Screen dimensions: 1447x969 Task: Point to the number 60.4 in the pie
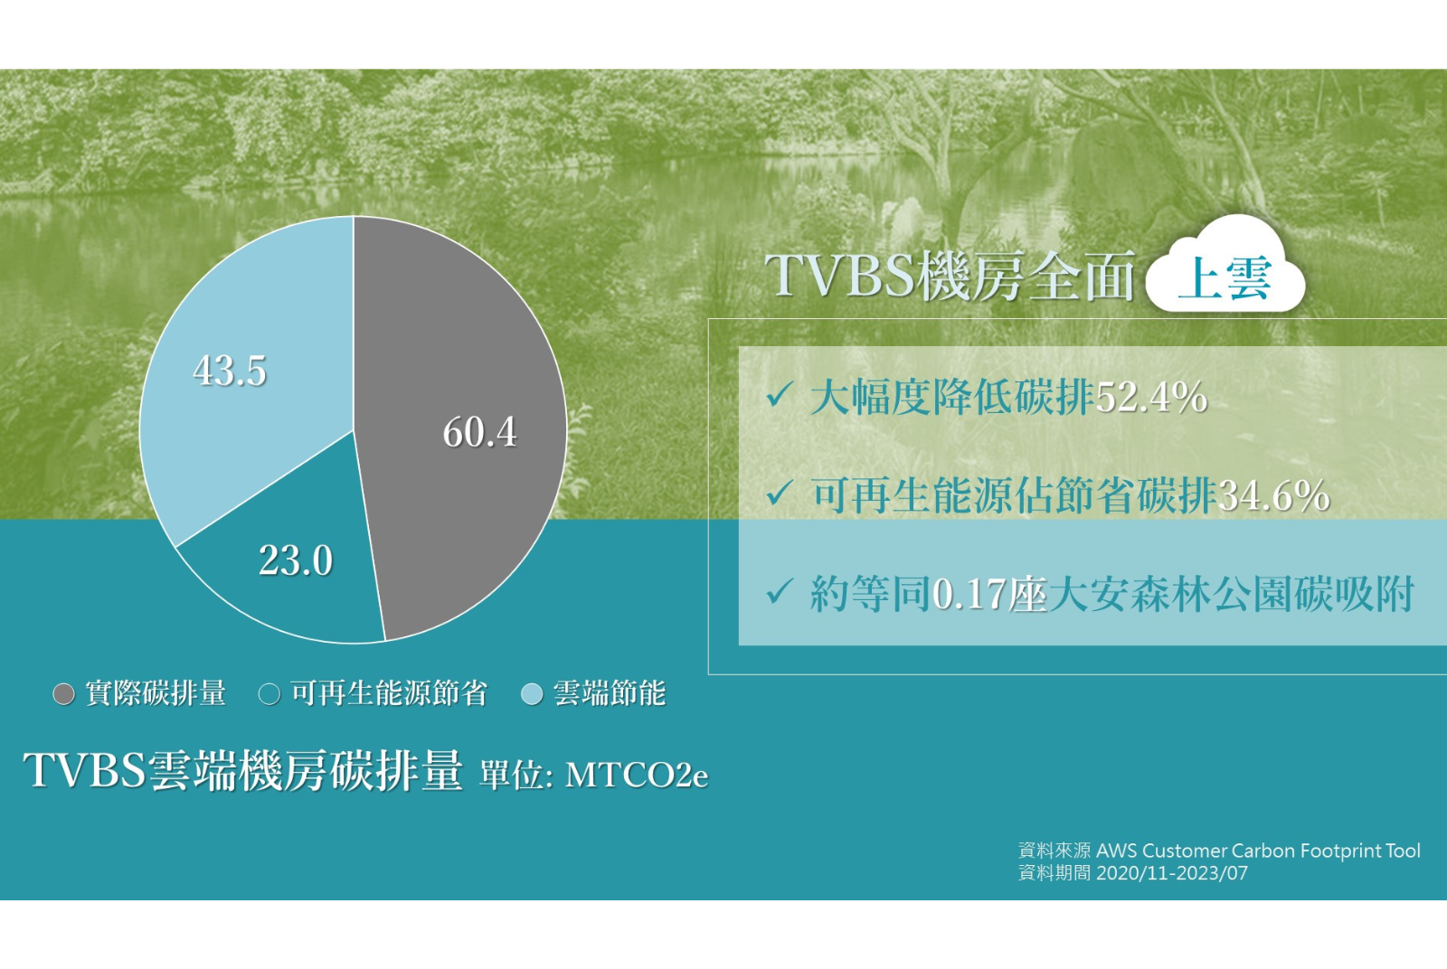point(479,432)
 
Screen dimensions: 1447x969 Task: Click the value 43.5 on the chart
point(230,371)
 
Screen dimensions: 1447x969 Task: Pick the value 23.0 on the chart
point(295,560)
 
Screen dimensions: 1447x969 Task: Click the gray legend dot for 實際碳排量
point(64,694)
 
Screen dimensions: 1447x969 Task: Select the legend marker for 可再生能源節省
point(270,694)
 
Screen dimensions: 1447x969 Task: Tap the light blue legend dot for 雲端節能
point(532,694)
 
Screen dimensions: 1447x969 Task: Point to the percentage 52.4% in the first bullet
point(1152,397)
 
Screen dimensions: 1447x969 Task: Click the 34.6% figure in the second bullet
point(1273,495)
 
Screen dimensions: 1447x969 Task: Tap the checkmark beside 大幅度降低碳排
point(779,394)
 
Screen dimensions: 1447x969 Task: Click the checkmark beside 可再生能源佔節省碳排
point(779,494)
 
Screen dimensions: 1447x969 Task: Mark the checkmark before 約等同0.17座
point(779,591)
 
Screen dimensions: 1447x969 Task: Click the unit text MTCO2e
point(637,775)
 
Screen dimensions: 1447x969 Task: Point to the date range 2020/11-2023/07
point(1172,873)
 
